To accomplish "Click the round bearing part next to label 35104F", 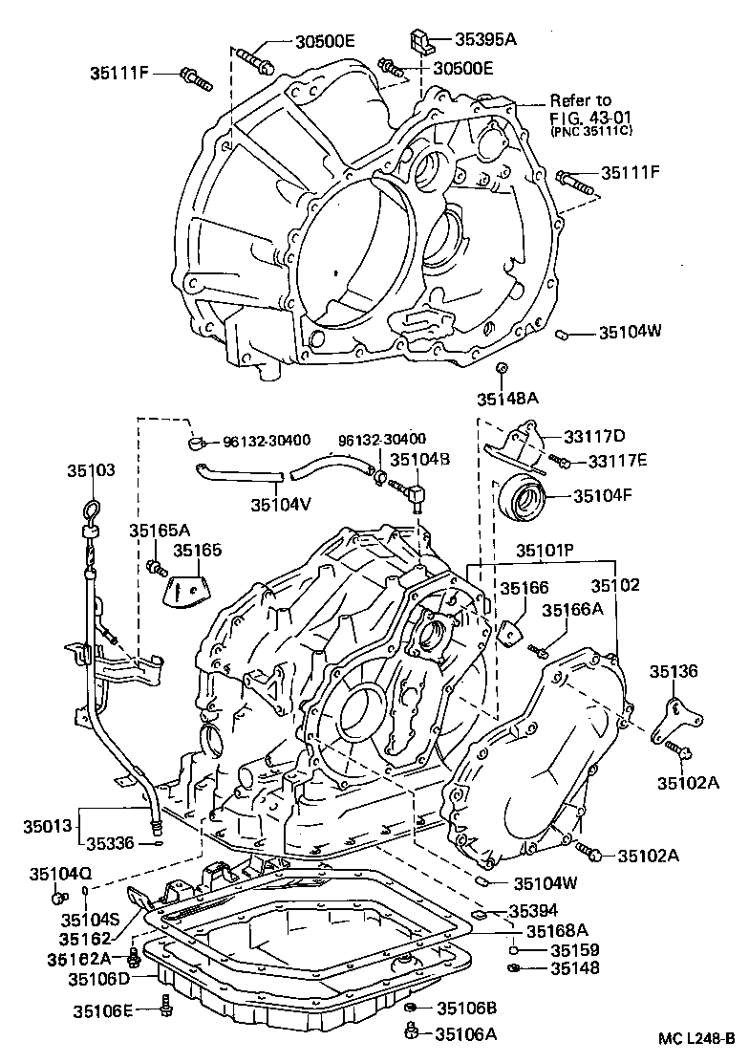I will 524,497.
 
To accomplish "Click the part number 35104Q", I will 60,873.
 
